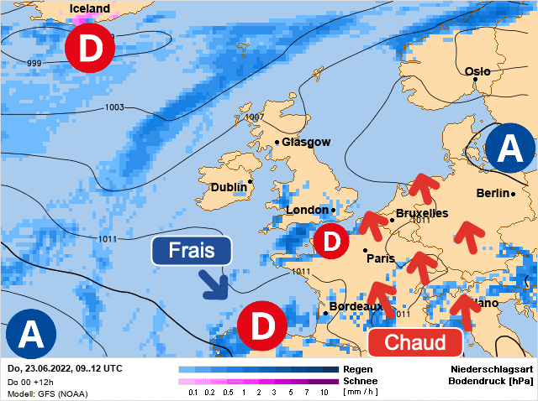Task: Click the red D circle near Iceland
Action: click(90, 49)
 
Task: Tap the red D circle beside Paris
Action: click(332, 242)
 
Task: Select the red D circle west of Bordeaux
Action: click(261, 325)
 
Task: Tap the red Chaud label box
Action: click(415, 342)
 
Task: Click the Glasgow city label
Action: click(306, 143)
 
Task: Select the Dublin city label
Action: click(229, 187)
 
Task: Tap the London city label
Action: click(308, 210)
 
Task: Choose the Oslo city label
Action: click(477, 71)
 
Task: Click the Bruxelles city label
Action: click(421, 213)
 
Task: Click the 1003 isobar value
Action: click(115, 107)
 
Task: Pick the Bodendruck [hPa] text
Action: click(491, 381)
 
